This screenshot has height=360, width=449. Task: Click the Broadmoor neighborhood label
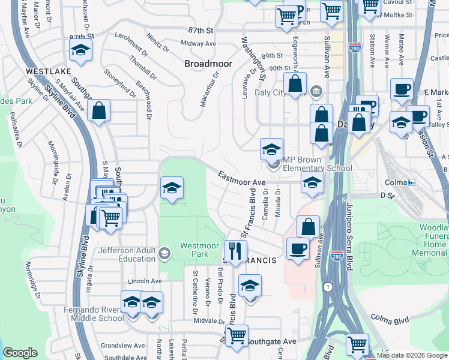(x=208, y=63)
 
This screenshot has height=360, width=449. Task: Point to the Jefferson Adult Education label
(x=127, y=254)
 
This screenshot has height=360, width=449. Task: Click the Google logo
(x=20, y=353)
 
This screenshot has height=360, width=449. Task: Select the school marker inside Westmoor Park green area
(x=172, y=189)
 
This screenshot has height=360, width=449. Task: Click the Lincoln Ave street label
(x=145, y=281)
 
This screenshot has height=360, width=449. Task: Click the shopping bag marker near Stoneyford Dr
(x=98, y=110)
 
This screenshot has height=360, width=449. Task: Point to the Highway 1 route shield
(x=328, y=287)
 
